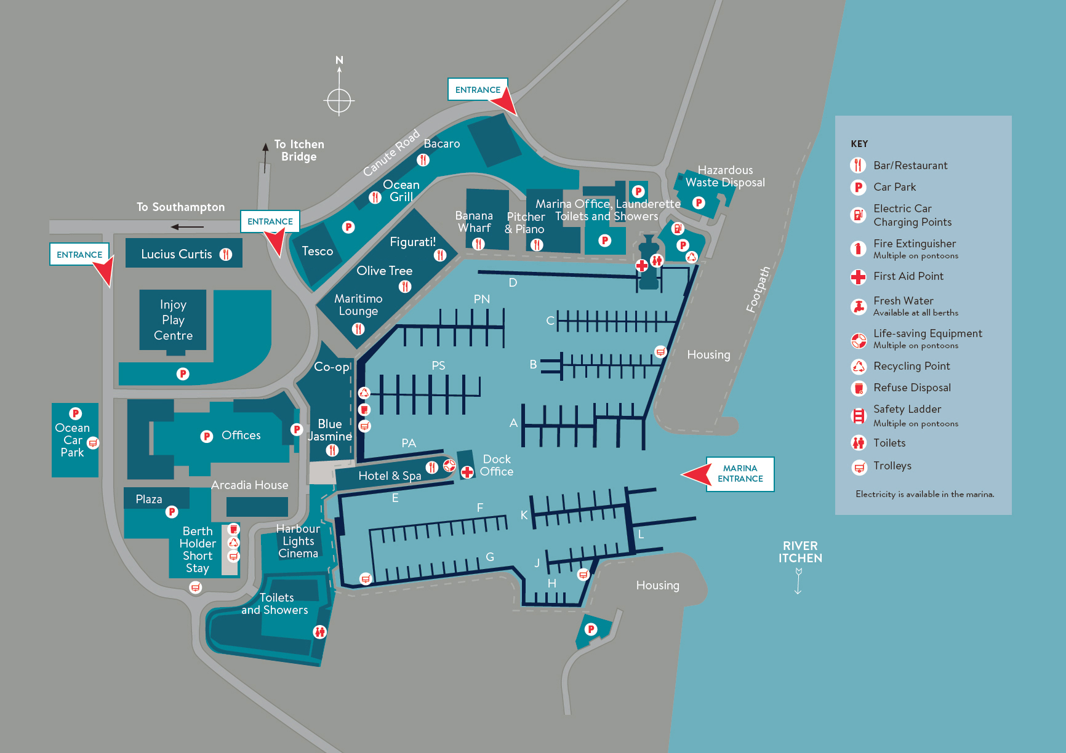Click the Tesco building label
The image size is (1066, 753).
click(317, 251)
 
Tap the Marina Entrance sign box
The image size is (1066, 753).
click(740, 474)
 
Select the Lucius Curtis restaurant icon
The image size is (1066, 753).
click(226, 254)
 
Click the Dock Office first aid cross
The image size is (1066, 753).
click(467, 472)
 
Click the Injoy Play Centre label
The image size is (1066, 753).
click(173, 320)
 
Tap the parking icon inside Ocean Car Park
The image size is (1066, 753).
click(76, 414)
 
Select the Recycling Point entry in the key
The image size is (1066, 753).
click(912, 366)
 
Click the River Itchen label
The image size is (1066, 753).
click(800, 552)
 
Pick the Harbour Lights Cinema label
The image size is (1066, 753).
click(298, 541)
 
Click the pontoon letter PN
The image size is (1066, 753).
click(481, 299)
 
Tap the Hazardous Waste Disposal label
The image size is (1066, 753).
click(725, 176)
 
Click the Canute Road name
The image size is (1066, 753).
click(391, 153)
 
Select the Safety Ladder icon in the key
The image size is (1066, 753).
click(858, 416)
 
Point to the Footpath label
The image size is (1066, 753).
click(758, 290)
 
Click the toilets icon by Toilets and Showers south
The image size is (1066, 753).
click(319, 631)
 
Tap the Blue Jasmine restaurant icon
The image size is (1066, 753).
click(332, 450)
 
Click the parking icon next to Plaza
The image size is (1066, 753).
click(172, 511)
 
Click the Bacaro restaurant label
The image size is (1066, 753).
click(441, 143)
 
